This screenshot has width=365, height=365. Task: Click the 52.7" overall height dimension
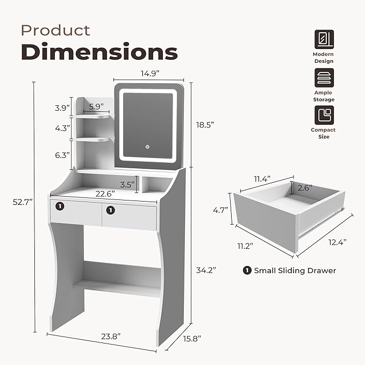[x=23, y=202]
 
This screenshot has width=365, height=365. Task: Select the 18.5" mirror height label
[x=205, y=124]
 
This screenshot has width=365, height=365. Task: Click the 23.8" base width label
[x=110, y=336]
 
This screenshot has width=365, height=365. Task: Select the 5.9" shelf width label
[x=97, y=106]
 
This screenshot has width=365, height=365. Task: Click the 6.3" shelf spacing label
[x=63, y=155]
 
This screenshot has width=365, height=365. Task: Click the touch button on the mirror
[x=145, y=147]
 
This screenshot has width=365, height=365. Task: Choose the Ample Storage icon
[x=324, y=78]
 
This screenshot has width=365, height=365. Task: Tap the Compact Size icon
[x=324, y=115]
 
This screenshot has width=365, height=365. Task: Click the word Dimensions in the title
[x=99, y=53]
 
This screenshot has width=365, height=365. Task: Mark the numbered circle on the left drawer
[x=61, y=206]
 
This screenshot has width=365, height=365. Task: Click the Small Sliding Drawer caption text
[x=295, y=270]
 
